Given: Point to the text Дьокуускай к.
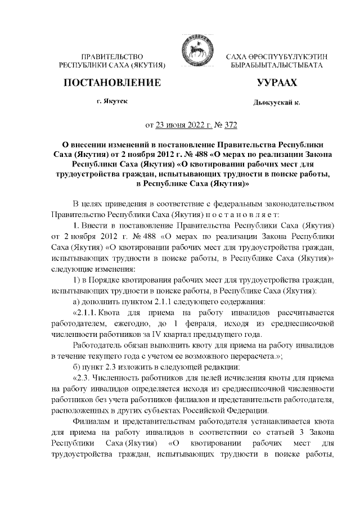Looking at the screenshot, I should point(277,103).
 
